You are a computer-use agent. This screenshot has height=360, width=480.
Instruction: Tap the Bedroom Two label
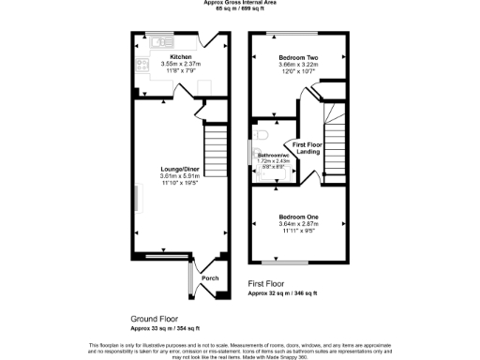pos(298,58)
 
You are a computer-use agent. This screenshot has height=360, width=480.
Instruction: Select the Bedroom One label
pos(298,217)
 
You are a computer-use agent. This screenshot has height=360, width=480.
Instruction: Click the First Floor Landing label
pos(307,148)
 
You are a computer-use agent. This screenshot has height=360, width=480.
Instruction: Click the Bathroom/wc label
pos(273,155)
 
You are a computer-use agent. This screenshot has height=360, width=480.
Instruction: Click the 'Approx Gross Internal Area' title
pos(239,3)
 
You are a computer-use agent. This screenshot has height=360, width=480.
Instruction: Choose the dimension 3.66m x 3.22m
pos(298,66)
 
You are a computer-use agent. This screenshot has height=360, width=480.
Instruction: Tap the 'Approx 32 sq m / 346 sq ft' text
pos(283,293)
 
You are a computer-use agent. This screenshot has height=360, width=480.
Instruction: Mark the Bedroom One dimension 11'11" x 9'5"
pos(298,231)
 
